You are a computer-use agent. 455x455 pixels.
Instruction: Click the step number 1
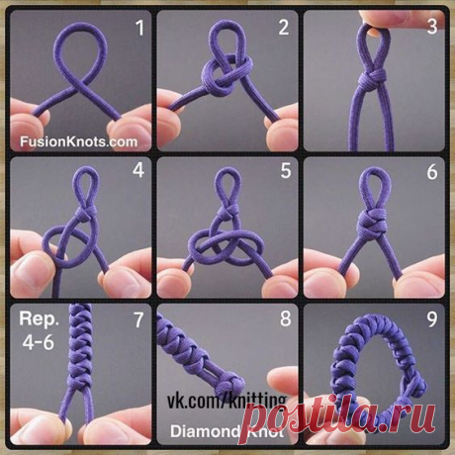140,28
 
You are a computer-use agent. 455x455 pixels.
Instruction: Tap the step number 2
284,28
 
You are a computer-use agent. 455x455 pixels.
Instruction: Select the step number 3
432,27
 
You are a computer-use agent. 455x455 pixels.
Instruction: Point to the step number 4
138,170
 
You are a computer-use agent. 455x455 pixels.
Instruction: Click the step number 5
286,171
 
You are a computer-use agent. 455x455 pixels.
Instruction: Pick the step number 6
432,172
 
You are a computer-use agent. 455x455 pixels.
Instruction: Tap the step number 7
138,319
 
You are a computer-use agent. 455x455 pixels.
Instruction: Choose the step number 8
286,318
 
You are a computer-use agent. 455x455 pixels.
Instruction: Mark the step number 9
432,318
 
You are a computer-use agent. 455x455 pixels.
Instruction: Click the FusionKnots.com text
79,141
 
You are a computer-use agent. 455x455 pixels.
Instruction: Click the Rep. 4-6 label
39,330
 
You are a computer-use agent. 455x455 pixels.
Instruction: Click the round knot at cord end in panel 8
232,383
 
